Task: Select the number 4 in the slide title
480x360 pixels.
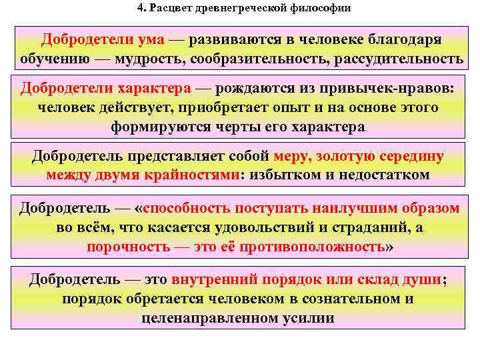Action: click(141, 9)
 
